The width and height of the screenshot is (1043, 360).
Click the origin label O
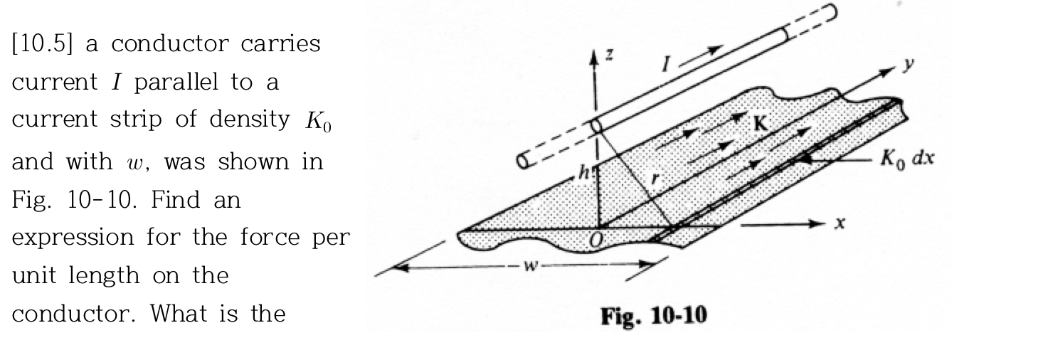tap(595, 245)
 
